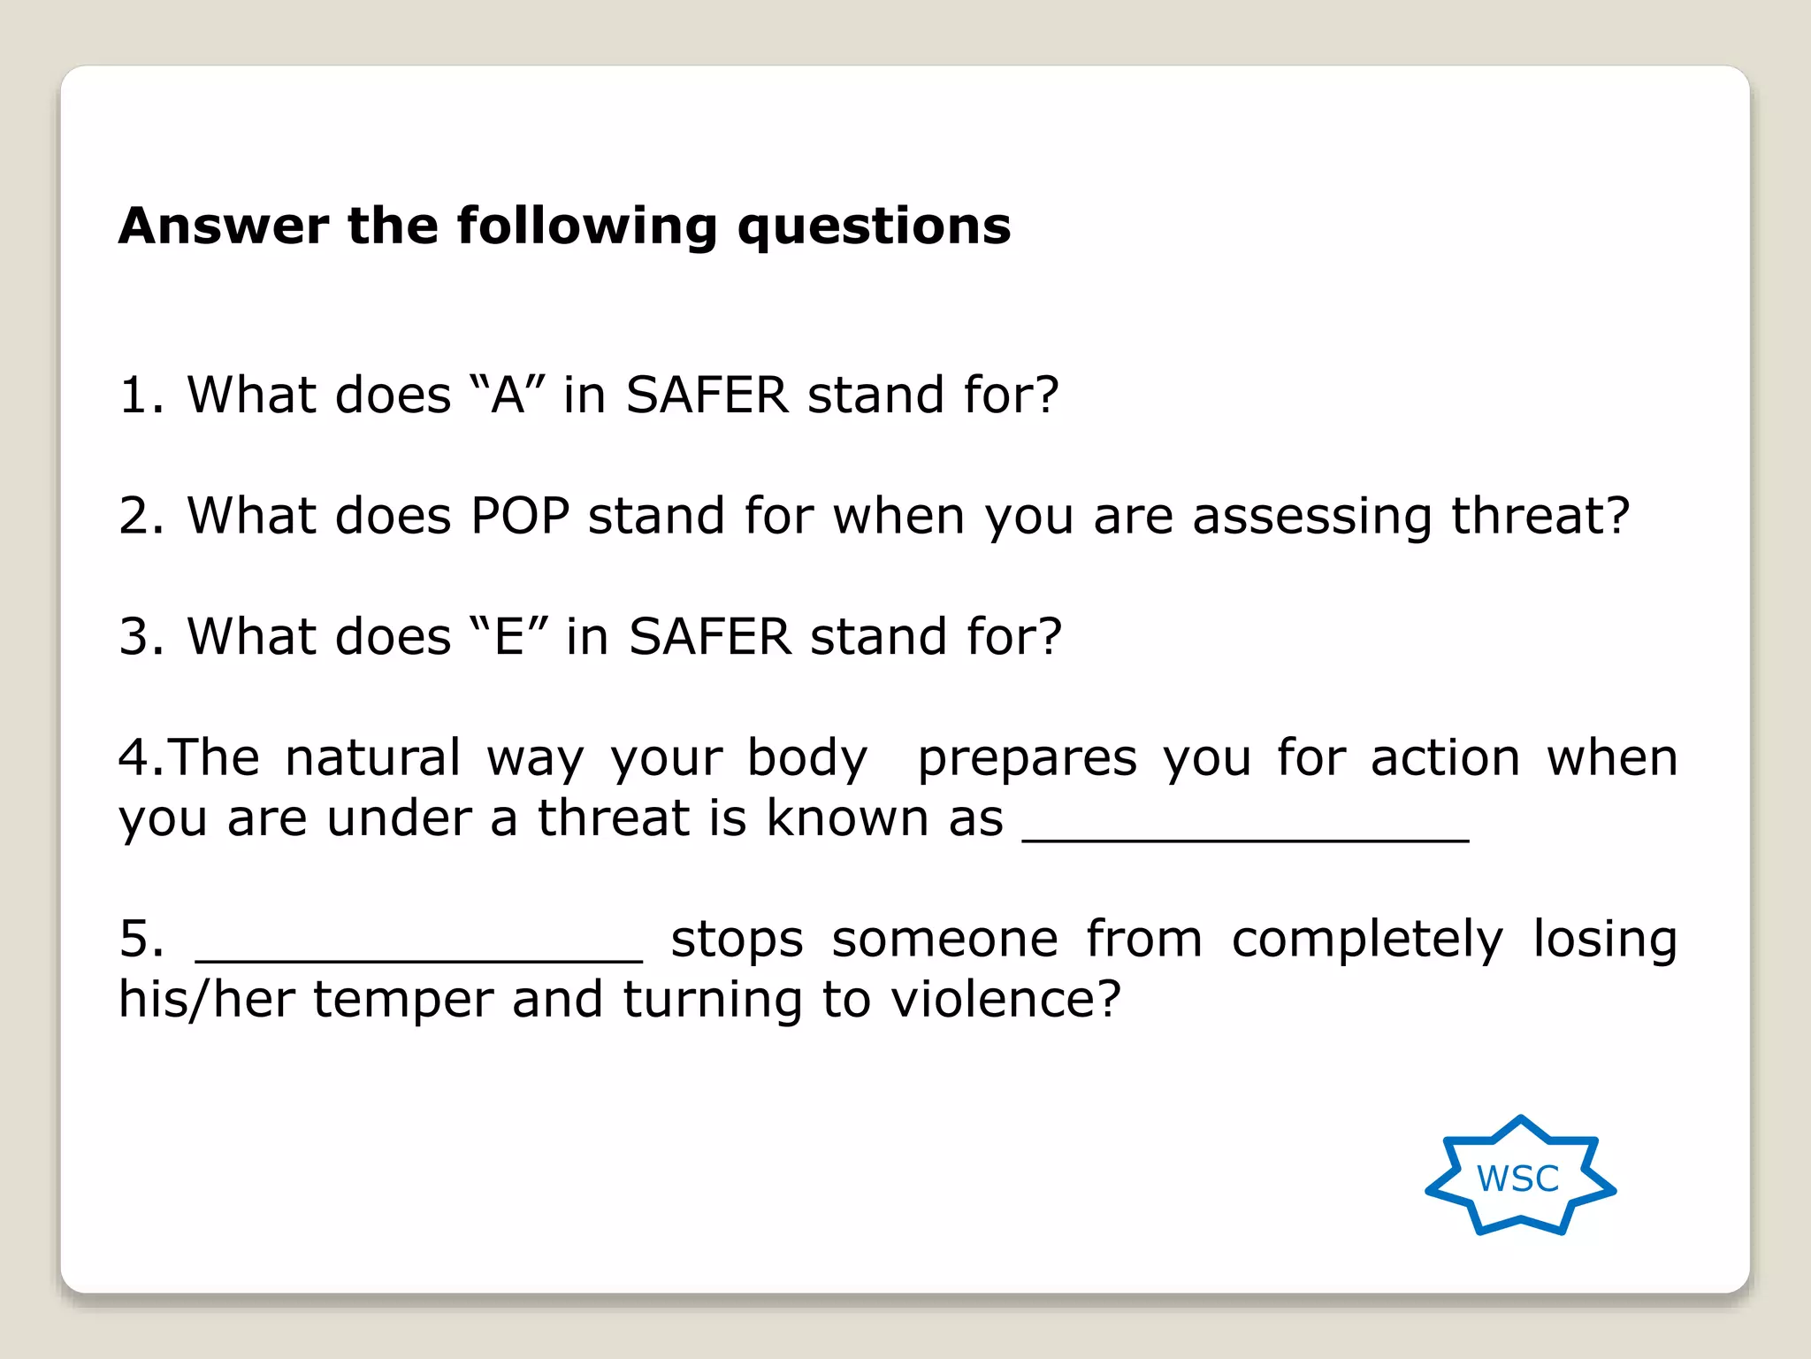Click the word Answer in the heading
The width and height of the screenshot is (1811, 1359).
(223, 226)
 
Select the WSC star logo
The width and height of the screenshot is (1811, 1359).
(1519, 1177)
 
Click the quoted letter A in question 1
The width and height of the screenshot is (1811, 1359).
(508, 395)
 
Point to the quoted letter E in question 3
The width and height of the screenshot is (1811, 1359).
(509, 636)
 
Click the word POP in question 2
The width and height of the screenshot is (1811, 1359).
(520, 516)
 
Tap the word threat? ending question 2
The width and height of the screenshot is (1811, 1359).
(1540, 516)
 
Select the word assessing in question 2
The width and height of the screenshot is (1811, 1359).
(1311, 518)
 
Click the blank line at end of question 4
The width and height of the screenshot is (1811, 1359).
(1245, 836)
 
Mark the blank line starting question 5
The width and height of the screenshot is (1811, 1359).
(418, 956)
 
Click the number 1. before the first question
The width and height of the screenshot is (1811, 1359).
(141, 395)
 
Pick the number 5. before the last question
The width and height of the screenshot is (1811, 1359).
(141, 939)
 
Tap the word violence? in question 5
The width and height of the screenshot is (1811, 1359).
(1005, 1000)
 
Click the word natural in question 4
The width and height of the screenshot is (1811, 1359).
(372, 758)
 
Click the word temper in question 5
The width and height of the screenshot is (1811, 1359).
(402, 1001)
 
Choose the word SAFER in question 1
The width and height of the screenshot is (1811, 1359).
(707, 395)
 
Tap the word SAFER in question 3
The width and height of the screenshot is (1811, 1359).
(710, 636)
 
